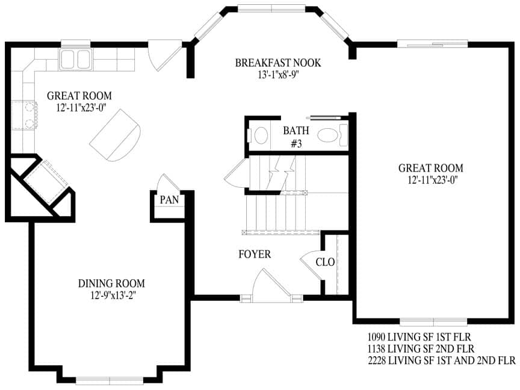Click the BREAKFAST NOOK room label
(278, 63)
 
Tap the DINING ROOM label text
(111, 283)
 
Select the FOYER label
(255, 255)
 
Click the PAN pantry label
(169, 200)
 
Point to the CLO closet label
(325, 262)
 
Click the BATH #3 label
(296, 137)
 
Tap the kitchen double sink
(75, 60)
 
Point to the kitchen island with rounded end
(115, 135)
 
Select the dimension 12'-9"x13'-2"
(113, 295)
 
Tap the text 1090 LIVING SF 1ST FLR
(419, 337)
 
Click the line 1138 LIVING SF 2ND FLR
(421, 348)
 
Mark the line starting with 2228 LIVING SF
(442, 360)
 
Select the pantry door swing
(168, 183)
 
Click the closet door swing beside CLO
(311, 264)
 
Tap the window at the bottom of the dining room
(110, 380)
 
